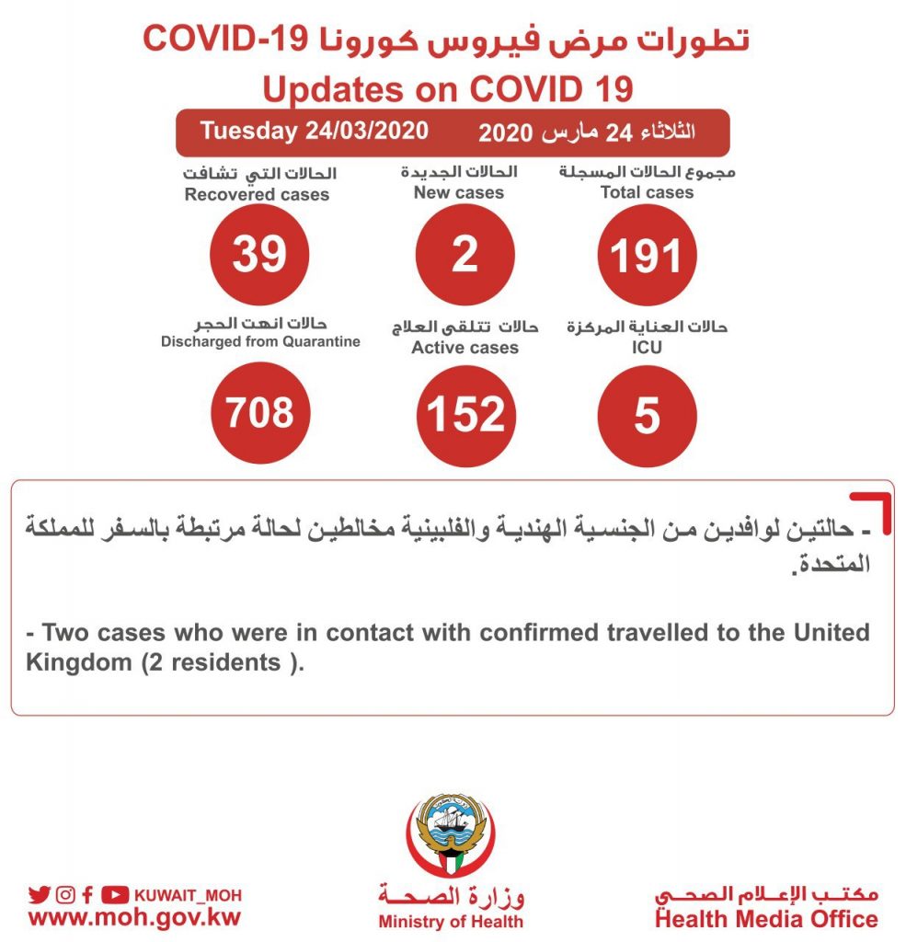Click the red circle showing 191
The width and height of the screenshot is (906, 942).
click(x=647, y=255)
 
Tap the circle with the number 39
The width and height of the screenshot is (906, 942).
click(x=258, y=254)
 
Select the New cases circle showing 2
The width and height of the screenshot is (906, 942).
click(x=464, y=254)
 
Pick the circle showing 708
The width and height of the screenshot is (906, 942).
click(x=260, y=413)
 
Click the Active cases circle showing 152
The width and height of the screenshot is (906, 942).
click(x=466, y=415)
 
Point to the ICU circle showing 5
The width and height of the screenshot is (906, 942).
click(x=647, y=415)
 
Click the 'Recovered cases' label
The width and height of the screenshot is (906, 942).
click(x=257, y=194)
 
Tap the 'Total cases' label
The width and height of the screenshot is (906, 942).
click(x=647, y=192)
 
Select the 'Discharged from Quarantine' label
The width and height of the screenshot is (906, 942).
click(x=260, y=341)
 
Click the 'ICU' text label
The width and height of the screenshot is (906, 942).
click(x=647, y=349)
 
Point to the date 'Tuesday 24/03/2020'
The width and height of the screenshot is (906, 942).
click(x=315, y=131)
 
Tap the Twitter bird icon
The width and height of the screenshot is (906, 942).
click(x=39, y=894)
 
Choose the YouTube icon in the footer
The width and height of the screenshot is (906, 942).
click(x=115, y=894)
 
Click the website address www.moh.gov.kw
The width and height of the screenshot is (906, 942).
click(x=134, y=918)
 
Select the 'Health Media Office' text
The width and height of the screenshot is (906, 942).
click(x=766, y=918)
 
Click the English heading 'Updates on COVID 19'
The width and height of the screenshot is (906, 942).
click(x=448, y=89)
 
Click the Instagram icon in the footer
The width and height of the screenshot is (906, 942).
click(x=64, y=894)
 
